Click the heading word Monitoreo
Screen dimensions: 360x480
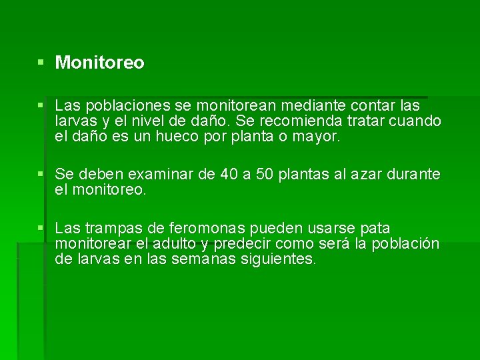(99, 63)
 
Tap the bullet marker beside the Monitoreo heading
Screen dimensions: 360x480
(41, 62)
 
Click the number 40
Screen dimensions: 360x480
(229, 175)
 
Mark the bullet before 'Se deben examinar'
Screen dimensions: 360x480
(41, 174)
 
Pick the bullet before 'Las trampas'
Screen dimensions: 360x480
(41, 228)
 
